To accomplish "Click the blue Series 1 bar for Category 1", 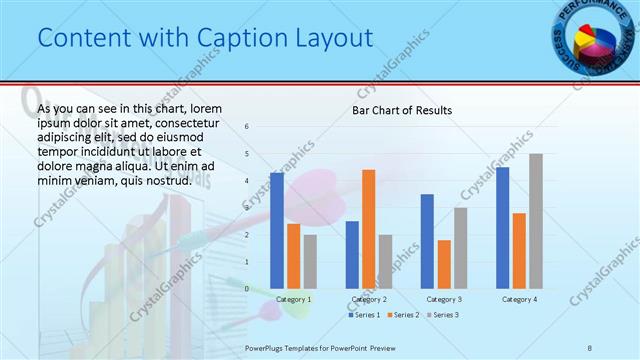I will (277, 230).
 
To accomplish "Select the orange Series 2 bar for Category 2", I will (369, 228).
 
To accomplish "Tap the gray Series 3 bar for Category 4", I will (536, 221).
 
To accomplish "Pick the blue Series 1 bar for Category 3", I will (427, 241).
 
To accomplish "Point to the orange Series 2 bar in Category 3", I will (444, 264).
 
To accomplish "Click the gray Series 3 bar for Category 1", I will (310, 261).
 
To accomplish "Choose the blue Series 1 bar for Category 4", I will (502, 227).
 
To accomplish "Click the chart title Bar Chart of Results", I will (401, 110).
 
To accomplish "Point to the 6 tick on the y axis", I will (247, 127).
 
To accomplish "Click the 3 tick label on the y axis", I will (247, 208).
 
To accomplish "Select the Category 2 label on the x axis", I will (368, 299).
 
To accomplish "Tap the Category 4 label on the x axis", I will (519, 299).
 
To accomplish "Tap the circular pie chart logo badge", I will (591, 39).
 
